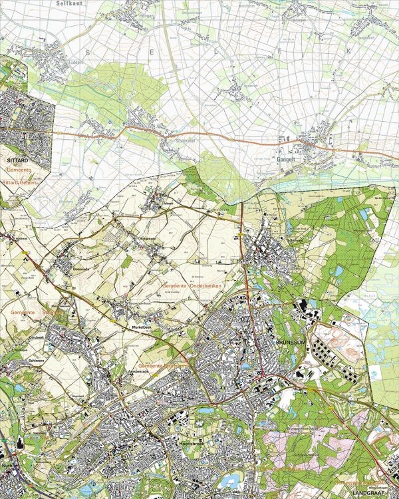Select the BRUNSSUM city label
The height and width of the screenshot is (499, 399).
coord(290,341)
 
